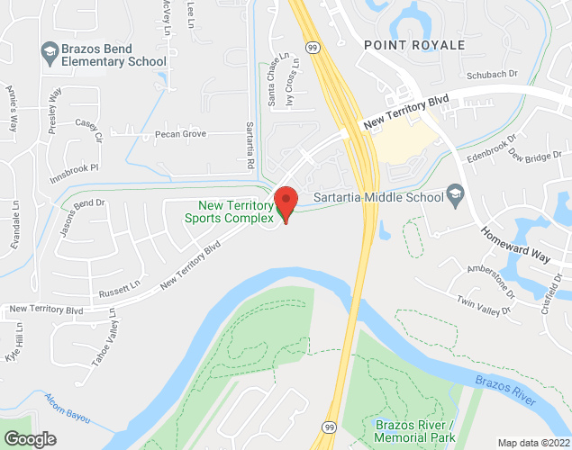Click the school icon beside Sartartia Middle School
pyautogui.click(x=455, y=195)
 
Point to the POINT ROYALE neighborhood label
pyautogui.click(x=414, y=44)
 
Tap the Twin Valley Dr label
pyautogui.click(x=483, y=306)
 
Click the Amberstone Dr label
pyautogui.click(x=490, y=279)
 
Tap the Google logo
pyautogui.click(x=29, y=439)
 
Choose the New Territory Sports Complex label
pyautogui.click(x=230, y=211)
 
